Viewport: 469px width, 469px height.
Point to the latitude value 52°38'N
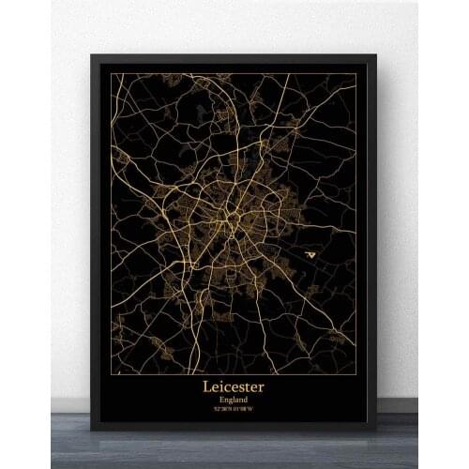(219, 410)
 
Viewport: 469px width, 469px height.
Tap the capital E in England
(217, 400)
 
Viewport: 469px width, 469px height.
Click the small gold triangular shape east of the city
(310, 253)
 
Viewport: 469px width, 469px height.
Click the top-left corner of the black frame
(91, 54)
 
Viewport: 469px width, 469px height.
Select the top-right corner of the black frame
(376, 54)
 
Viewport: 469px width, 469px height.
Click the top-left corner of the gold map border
(113, 74)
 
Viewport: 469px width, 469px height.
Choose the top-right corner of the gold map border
(356, 74)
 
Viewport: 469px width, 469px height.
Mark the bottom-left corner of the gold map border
(113, 374)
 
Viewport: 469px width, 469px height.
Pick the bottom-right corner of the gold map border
(356, 374)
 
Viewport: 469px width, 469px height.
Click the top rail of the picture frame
(234, 58)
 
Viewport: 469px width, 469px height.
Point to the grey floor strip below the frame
(234, 450)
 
